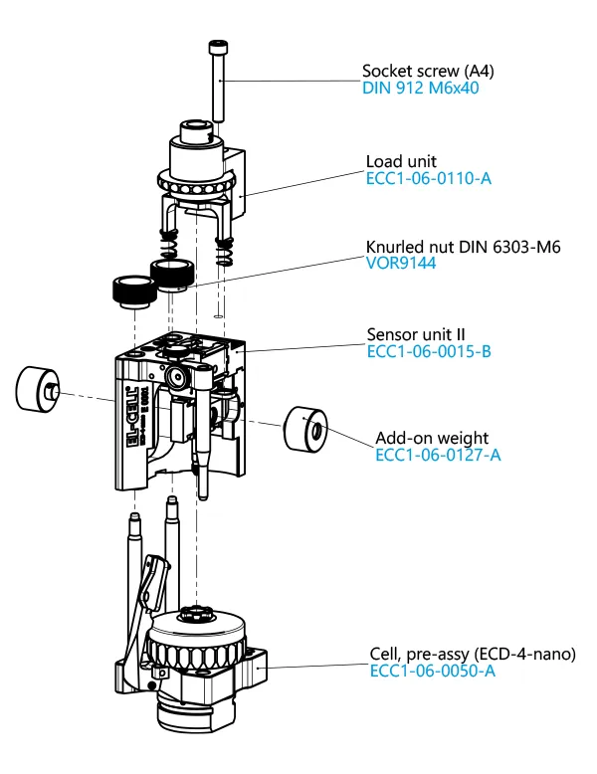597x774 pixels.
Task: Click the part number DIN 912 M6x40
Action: coord(422,88)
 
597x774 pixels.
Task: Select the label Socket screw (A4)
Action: coord(428,71)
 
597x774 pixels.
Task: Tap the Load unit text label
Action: coord(401,161)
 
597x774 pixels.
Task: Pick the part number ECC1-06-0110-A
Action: coord(429,178)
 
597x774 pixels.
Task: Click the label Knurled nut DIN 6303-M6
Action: coord(464,247)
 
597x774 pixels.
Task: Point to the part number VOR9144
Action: coord(402,264)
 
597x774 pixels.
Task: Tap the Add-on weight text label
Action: coord(432,438)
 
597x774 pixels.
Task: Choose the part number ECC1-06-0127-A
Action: coord(438,455)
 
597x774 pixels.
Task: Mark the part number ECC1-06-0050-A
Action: coord(433,672)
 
